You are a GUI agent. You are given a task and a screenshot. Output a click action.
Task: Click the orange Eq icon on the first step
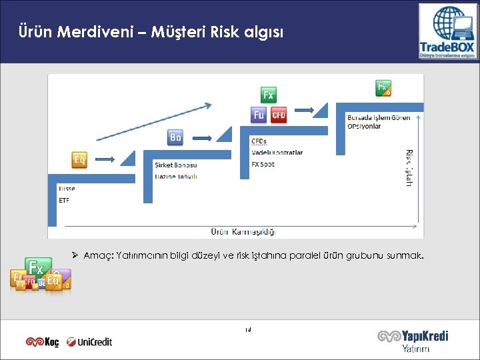pos(79,160)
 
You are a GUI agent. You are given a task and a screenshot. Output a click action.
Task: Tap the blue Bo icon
pos(175,137)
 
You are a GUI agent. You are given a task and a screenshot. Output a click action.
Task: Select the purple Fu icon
pos(259,115)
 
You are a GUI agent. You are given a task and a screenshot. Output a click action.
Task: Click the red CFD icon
pos(279,115)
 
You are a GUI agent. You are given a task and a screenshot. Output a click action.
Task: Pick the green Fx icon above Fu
pos(268,95)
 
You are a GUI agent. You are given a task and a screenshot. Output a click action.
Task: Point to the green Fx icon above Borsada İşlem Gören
pos(383,87)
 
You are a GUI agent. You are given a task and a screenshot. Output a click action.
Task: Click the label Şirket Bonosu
pos(175,165)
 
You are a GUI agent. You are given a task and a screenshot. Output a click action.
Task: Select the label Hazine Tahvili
pos(175,177)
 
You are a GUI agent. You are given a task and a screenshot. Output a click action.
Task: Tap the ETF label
pos(64,200)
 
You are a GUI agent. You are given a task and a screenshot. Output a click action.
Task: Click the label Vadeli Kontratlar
pos(277,153)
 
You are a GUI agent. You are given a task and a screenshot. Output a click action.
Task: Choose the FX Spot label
pos(263,164)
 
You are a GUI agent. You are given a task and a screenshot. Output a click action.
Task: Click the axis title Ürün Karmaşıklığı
pos(243,232)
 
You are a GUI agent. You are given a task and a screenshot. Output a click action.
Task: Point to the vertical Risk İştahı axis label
pos(409,167)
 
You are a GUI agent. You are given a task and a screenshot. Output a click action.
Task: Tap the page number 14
pos(247,330)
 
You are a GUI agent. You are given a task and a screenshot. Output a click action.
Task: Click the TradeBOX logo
pos(446,31)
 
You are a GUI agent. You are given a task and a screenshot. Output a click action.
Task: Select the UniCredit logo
pos(90,342)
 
